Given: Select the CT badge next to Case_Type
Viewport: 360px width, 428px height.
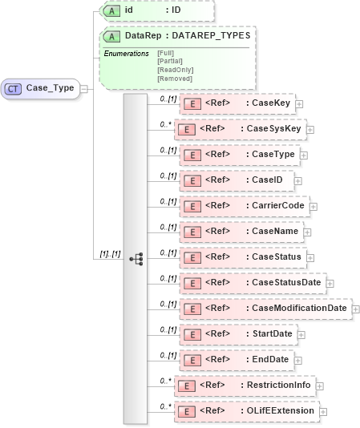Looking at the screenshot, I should (x=14, y=88).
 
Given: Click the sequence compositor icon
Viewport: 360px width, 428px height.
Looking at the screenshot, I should (x=136, y=258).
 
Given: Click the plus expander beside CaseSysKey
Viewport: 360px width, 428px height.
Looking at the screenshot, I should (x=310, y=129).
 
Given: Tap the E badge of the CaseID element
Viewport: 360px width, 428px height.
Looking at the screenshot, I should (x=192, y=180).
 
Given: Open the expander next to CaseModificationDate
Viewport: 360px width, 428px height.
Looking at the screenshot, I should (x=356, y=309).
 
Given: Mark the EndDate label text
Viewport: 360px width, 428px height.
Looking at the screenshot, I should (x=270, y=360).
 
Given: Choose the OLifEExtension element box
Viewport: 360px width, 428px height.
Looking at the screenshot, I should (x=247, y=411).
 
